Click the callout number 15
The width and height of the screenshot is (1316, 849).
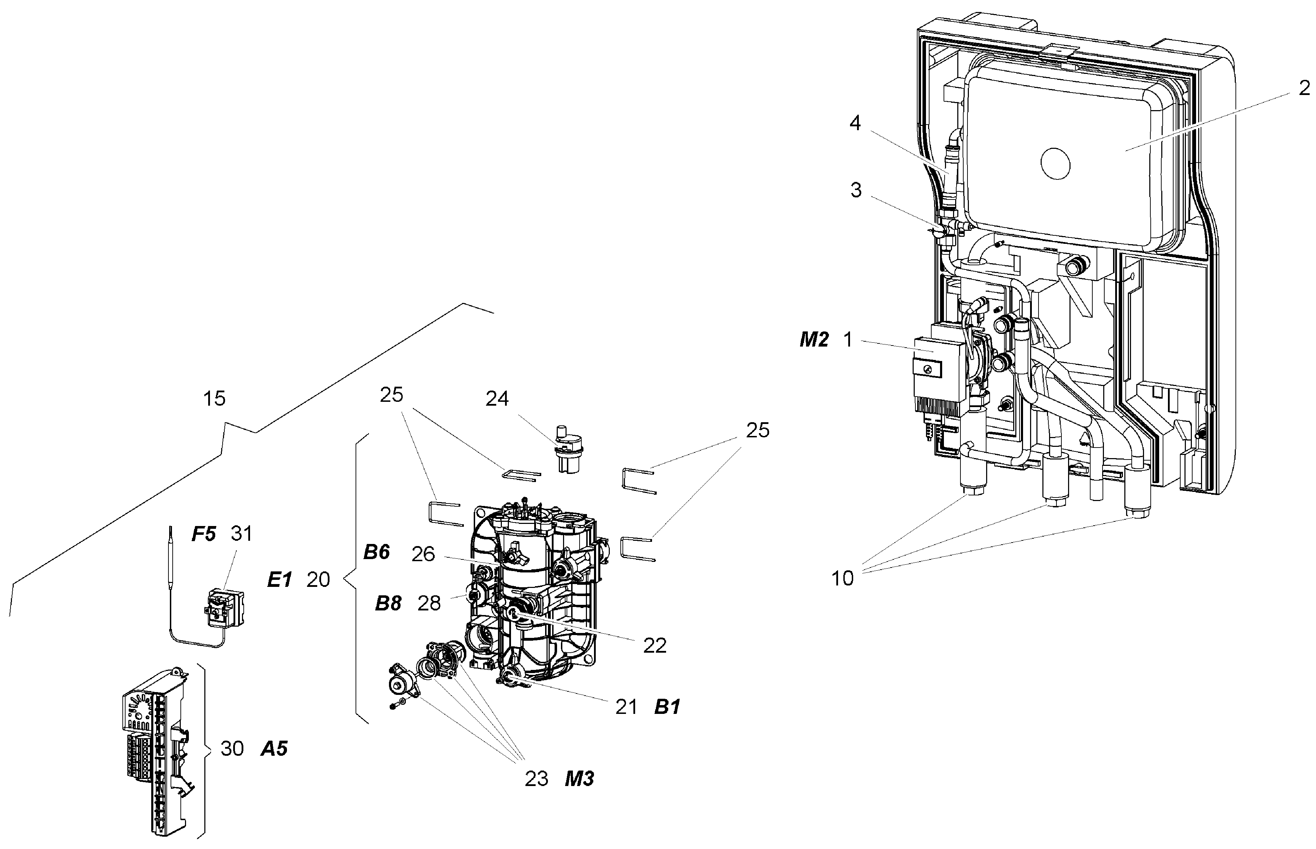coord(215,398)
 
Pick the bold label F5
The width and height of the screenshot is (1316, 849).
coord(203,534)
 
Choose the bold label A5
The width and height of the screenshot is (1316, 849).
coord(274,749)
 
